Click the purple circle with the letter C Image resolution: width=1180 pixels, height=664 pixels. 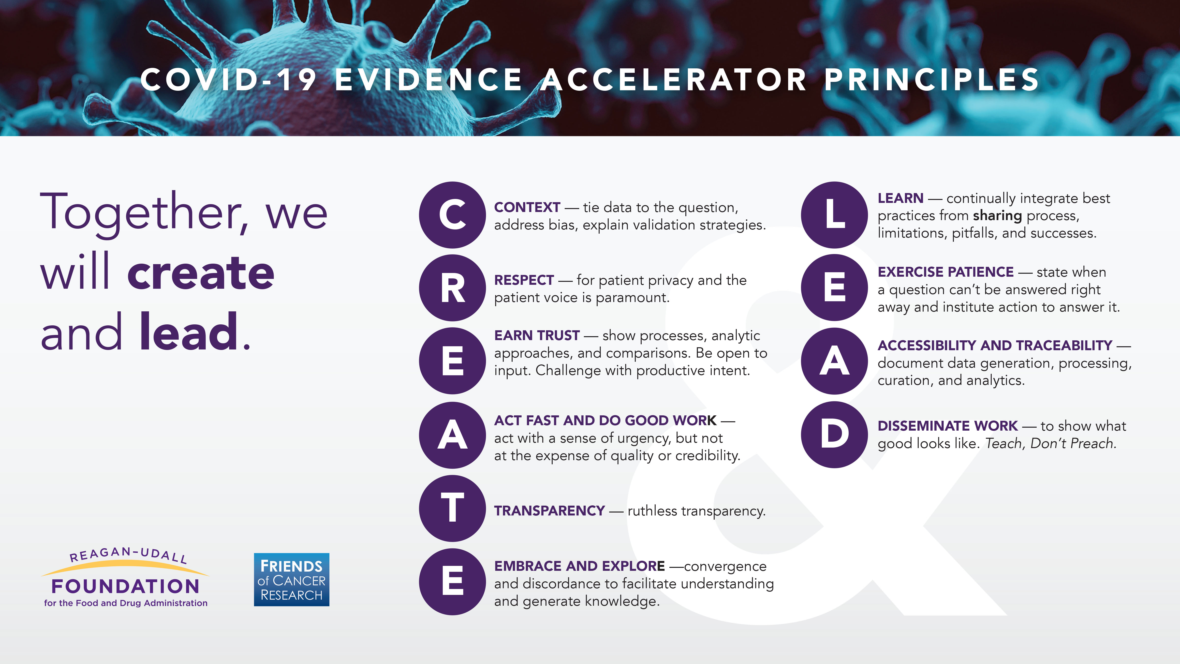[452, 215]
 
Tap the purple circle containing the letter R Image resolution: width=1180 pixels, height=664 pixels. [452, 288]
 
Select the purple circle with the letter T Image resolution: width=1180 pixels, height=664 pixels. [452, 508]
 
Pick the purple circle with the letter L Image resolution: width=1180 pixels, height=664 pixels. [834, 215]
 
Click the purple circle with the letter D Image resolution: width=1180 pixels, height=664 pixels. [834, 434]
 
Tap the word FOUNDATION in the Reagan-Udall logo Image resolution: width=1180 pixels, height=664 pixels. [126, 586]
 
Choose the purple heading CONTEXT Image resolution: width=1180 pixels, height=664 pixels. [527, 207]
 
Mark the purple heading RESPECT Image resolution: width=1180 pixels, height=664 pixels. [524, 280]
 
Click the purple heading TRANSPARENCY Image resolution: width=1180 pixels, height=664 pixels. [549, 511]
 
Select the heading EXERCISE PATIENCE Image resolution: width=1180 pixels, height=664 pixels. [945, 272]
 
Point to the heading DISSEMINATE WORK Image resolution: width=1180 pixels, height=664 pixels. [947, 426]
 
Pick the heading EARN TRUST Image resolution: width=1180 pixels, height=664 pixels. [537, 335]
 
